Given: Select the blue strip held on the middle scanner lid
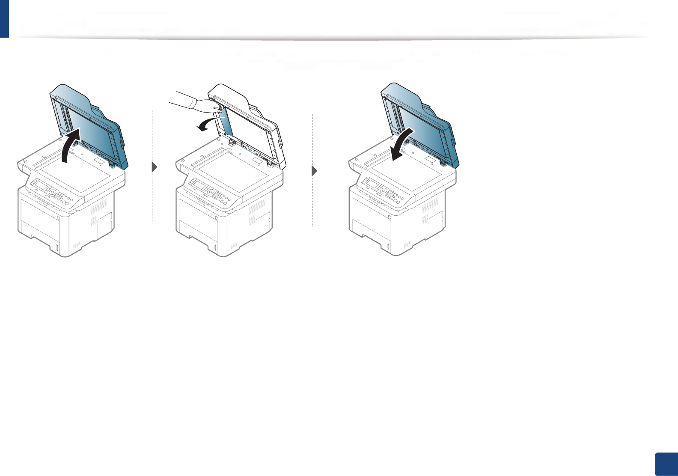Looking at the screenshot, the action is pyautogui.click(x=227, y=122).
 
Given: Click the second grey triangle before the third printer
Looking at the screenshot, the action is pyautogui.click(x=315, y=171).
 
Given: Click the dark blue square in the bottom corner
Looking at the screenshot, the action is pyautogui.click(x=666, y=464).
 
